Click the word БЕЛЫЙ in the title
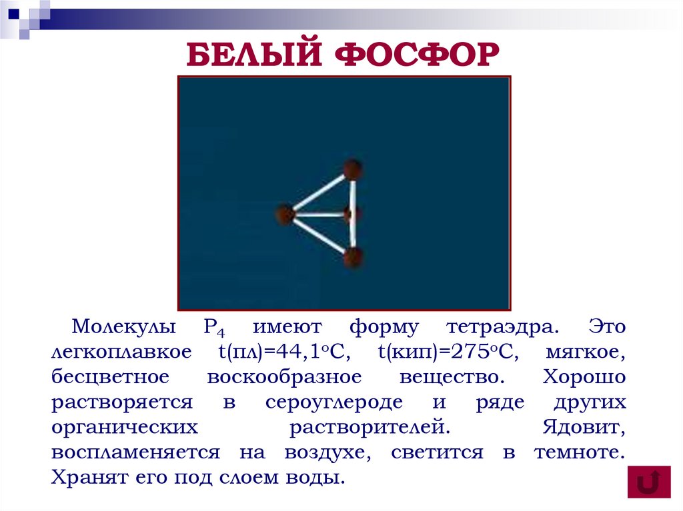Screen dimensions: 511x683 [253, 55]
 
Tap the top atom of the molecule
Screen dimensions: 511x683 [353, 169]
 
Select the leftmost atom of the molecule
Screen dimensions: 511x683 [285, 215]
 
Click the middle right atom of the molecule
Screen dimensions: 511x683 [352, 215]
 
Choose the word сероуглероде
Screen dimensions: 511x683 [334, 402]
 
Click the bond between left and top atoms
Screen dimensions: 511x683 [319, 192]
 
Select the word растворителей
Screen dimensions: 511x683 [366, 427]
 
